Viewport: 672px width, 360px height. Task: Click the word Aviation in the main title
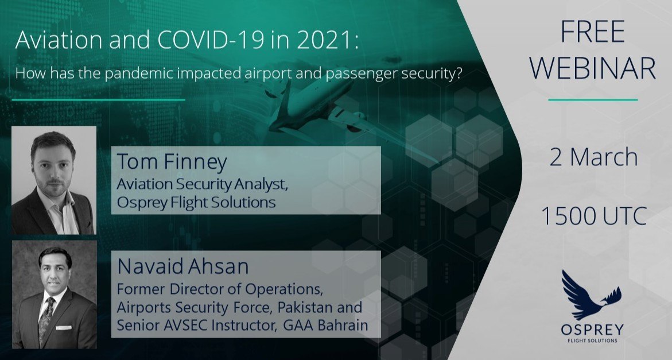[x=59, y=40]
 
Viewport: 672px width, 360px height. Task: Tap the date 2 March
[x=593, y=157]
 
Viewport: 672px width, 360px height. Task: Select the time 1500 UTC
[x=593, y=215]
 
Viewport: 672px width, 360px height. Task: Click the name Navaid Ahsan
[x=182, y=266]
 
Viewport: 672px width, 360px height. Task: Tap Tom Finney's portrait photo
[x=54, y=180]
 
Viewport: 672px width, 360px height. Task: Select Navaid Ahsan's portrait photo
[x=54, y=294]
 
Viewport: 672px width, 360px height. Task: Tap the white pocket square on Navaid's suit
[x=64, y=327]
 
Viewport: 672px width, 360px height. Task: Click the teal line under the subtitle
[x=99, y=100]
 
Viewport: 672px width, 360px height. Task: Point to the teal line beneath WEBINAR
[x=593, y=100]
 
